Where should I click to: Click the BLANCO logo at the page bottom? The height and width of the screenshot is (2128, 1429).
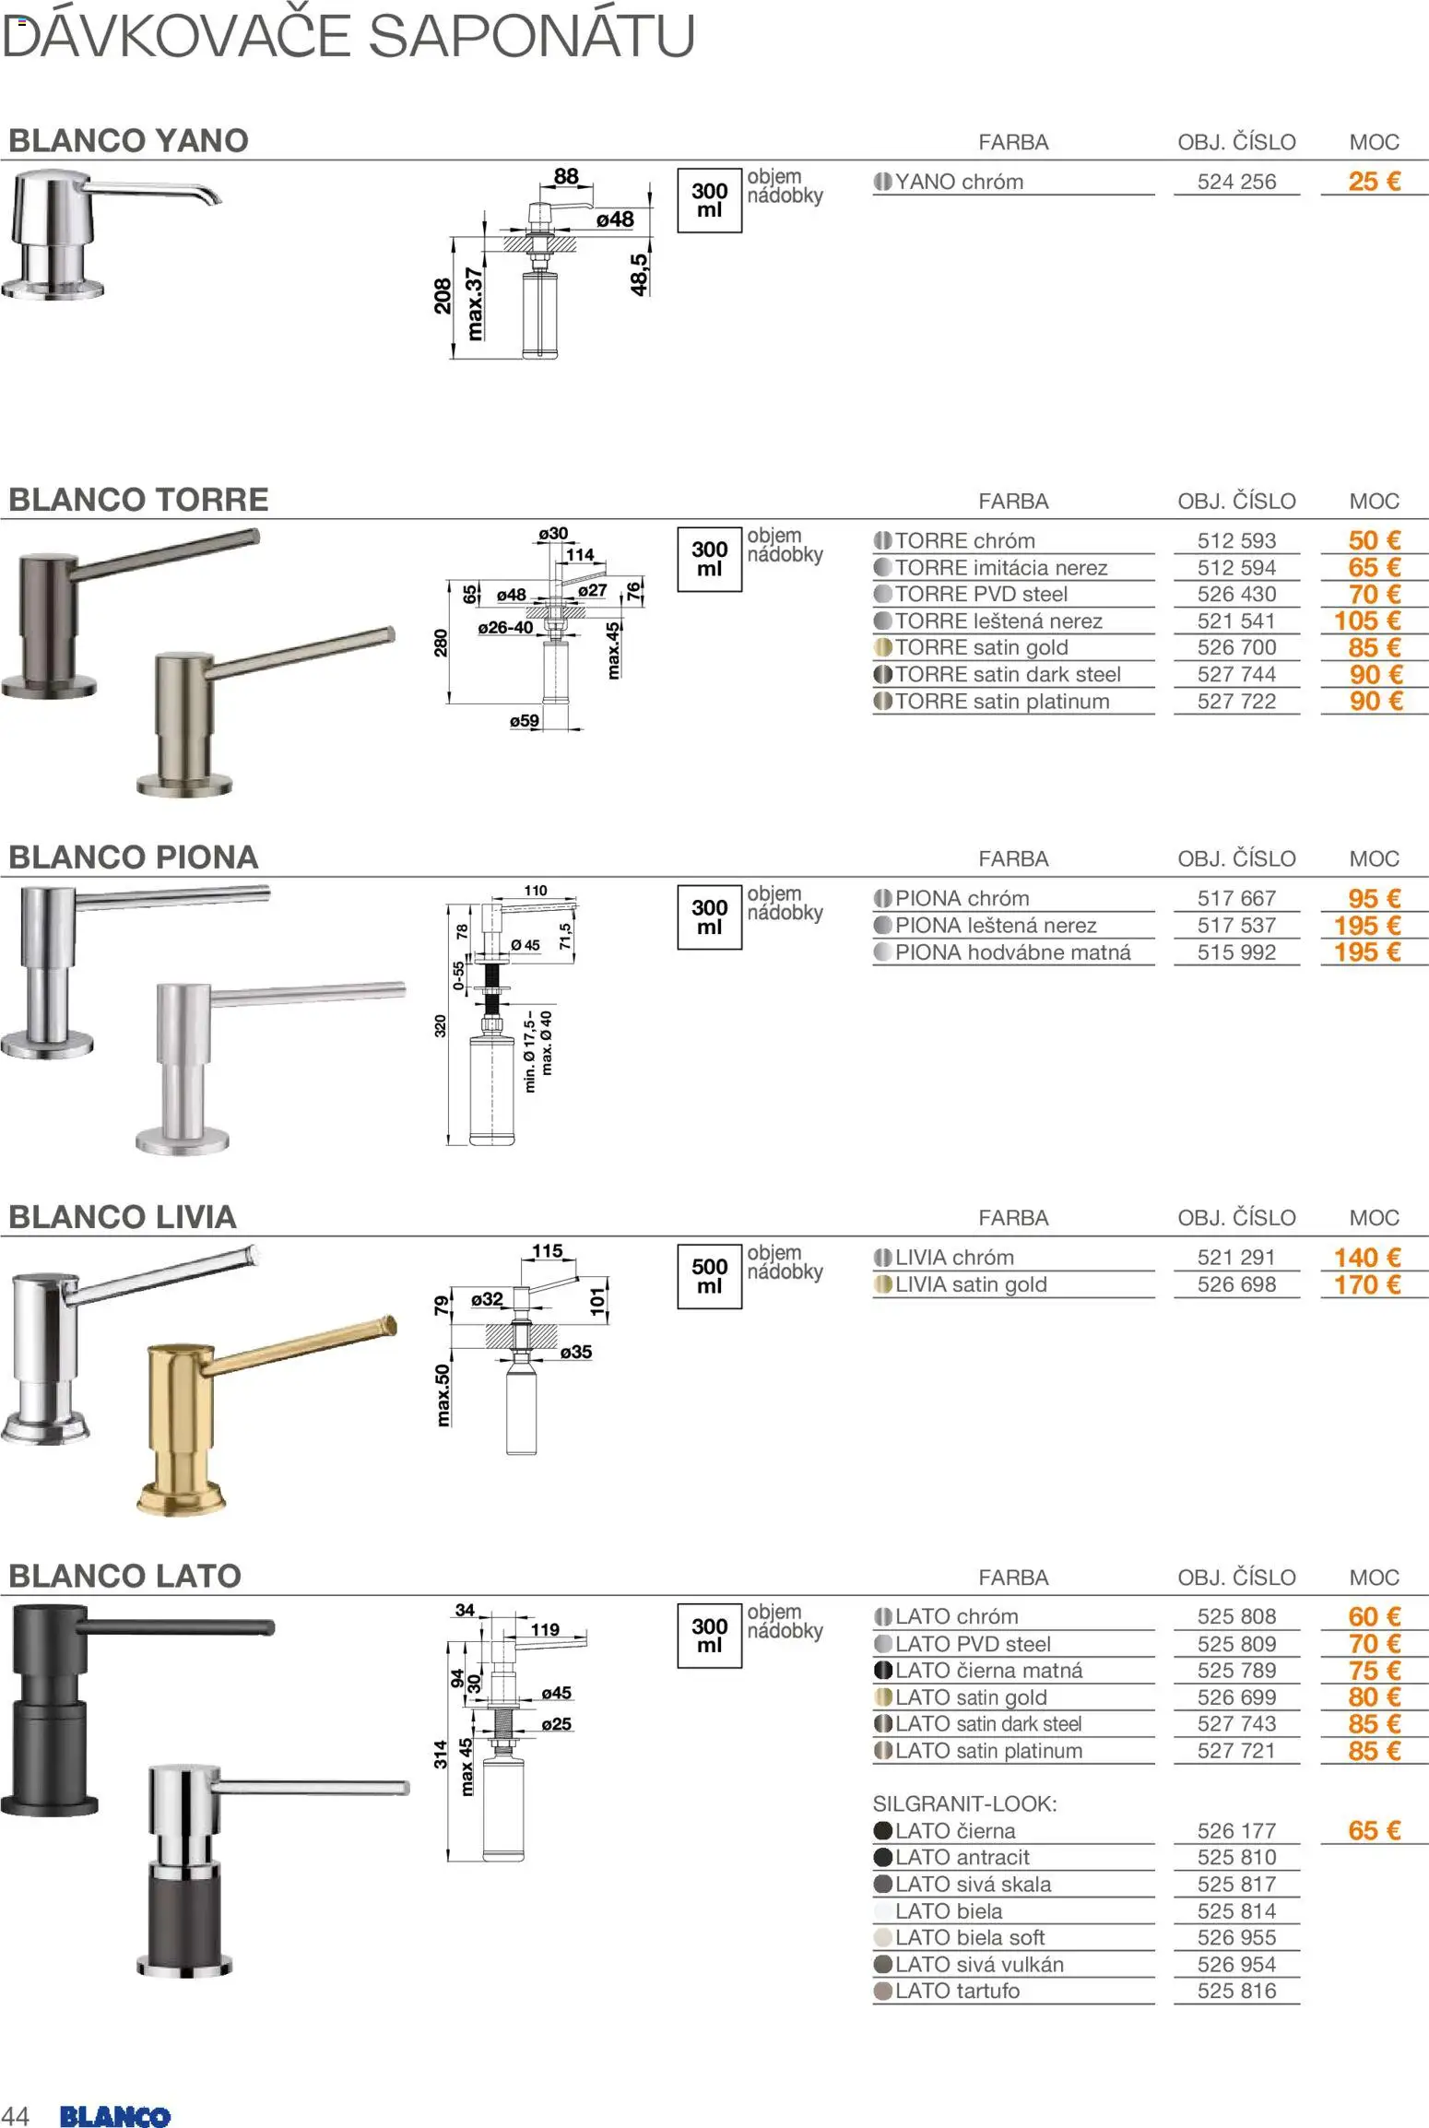click(114, 2115)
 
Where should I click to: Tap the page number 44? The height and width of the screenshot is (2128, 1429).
click(16, 2115)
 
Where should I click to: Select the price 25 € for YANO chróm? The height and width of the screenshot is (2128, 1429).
click(1374, 182)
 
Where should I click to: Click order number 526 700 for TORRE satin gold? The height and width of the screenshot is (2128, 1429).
click(1236, 647)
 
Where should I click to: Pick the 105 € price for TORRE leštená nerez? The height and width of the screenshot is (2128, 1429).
click(1367, 621)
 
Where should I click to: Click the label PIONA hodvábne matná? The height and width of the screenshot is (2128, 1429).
click(1012, 952)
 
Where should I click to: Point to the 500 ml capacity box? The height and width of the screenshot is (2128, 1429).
click(709, 1276)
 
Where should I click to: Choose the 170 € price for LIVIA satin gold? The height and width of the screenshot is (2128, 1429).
click(1367, 1284)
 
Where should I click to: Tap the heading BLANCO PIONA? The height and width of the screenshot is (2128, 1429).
click(134, 857)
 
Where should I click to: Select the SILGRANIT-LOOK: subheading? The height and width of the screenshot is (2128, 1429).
click(964, 1803)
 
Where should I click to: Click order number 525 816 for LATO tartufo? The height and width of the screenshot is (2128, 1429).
click(1236, 1991)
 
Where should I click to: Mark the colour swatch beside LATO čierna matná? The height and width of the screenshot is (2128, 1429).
click(882, 1670)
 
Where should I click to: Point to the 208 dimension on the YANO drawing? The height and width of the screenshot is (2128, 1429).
click(443, 297)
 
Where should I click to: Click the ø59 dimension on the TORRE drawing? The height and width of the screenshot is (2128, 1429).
click(525, 721)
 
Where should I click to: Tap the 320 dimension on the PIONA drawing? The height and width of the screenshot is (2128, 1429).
click(440, 1025)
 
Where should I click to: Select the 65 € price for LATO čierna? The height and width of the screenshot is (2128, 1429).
click(1374, 1830)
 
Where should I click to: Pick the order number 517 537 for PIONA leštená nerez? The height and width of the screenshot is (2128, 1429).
click(1236, 925)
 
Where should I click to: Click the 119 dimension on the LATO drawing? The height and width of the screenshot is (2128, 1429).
click(545, 1630)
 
